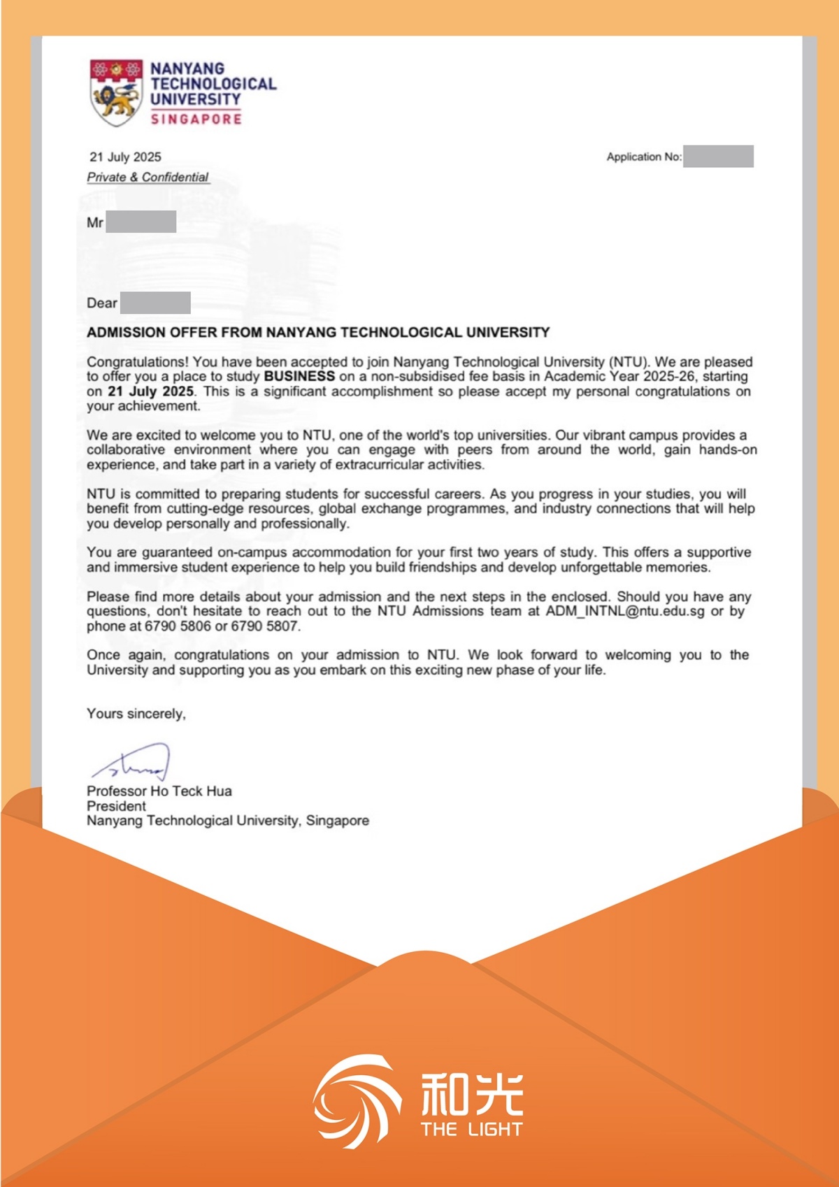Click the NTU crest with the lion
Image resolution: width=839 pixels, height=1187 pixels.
coord(116,92)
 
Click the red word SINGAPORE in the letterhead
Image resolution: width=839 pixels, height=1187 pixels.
coord(196,120)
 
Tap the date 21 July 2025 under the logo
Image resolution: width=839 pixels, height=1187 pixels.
coord(125,157)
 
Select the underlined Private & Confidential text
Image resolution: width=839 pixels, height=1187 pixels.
coord(148,177)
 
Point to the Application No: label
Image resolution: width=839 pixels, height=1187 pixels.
coord(644,157)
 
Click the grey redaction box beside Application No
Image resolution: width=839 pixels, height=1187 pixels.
coord(718,156)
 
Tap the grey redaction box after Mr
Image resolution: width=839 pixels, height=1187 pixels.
coord(141,222)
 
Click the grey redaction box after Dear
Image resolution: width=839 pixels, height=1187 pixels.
coord(155,303)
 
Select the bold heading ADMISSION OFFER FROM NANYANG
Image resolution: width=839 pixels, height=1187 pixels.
coord(318,332)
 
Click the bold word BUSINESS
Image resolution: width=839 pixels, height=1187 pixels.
coord(299,376)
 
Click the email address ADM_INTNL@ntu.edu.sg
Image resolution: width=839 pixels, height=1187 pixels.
coord(625,611)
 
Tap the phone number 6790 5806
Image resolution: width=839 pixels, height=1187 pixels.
coord(178,626)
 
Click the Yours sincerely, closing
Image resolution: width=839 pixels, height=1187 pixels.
coord(136,713)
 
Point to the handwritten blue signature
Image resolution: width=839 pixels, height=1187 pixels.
coord(133,763)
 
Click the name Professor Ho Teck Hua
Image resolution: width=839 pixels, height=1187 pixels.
coord(159,791)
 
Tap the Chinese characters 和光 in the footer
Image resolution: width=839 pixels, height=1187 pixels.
coord(472,1094)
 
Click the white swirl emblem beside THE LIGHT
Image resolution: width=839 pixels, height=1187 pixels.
coord(356,1101)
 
